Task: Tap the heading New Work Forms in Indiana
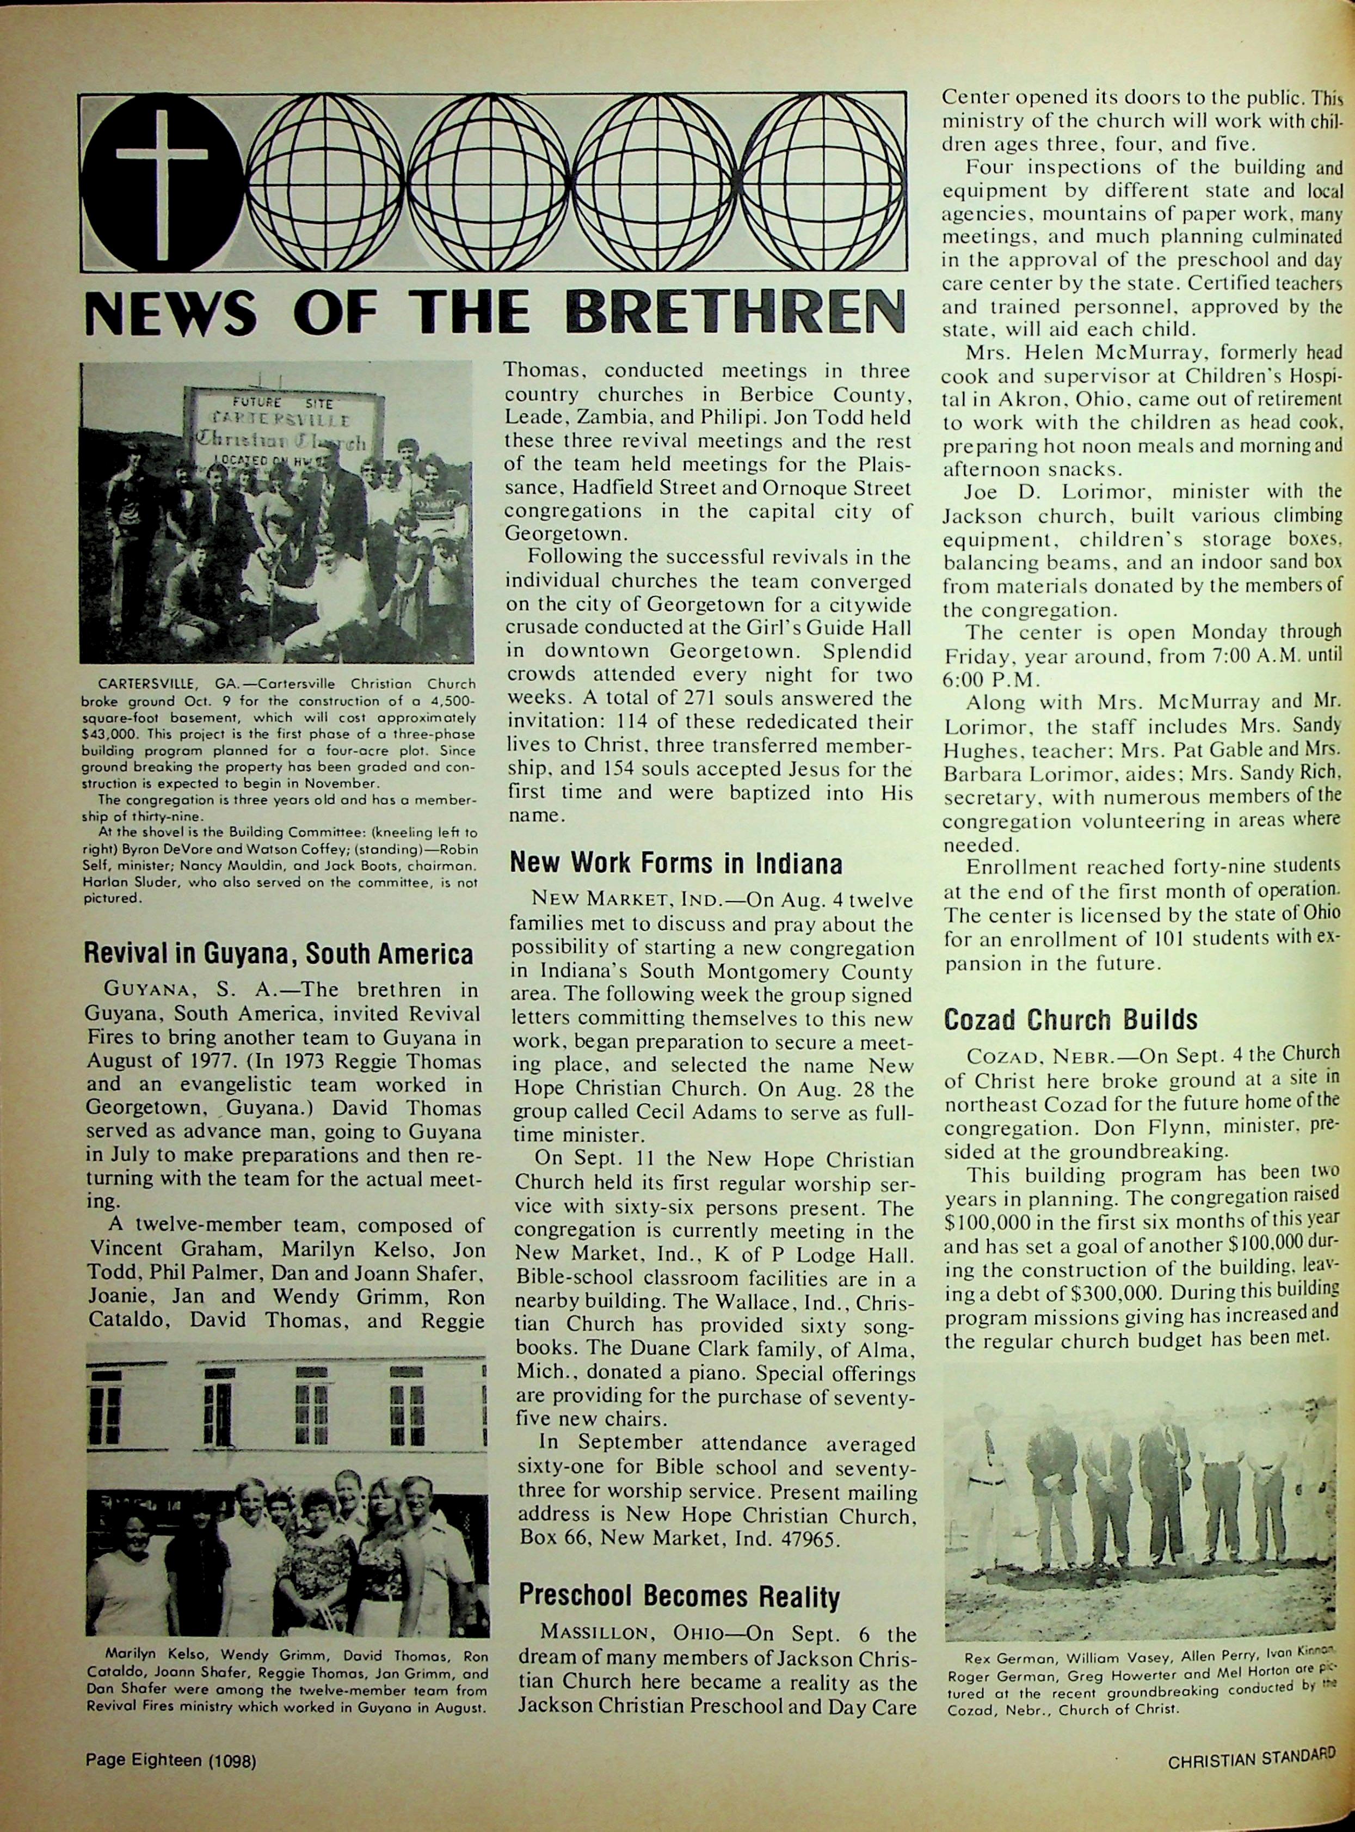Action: tap(676, 863)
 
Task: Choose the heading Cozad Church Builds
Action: tap(1070, 1019)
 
